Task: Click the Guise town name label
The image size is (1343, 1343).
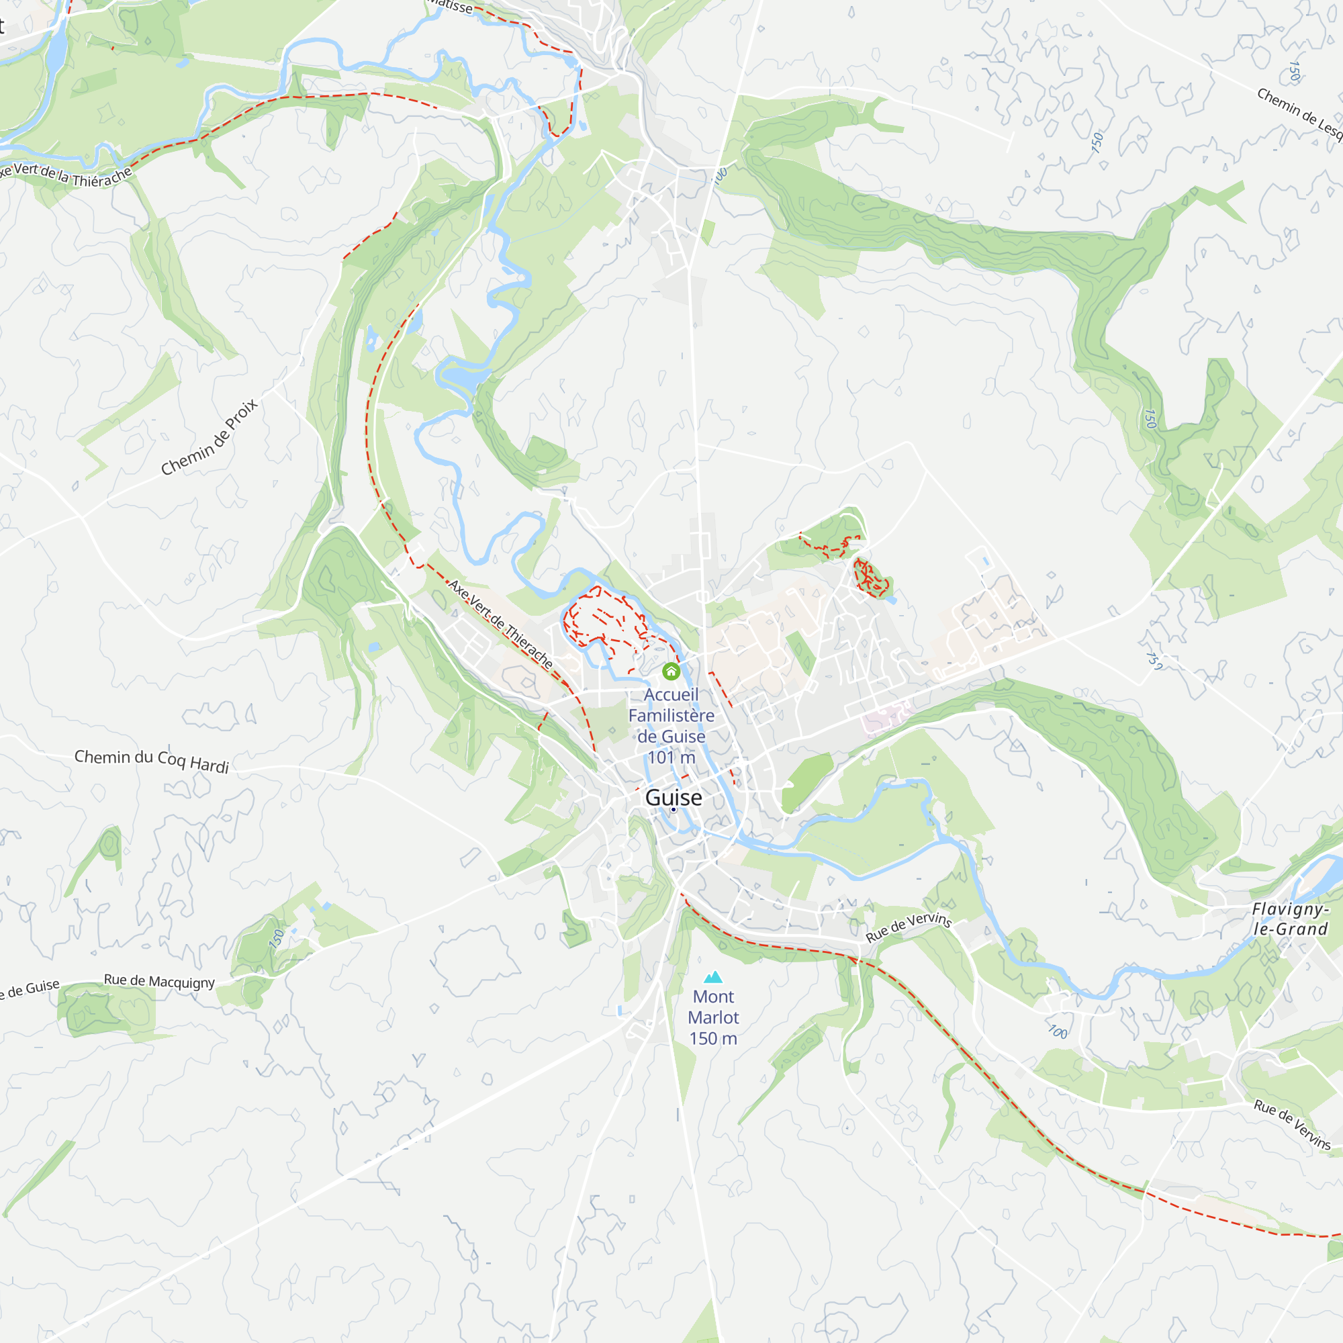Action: (673, 797)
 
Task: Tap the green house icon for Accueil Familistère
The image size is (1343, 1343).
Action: (671, 671)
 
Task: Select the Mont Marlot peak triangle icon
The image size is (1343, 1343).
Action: (713, 977)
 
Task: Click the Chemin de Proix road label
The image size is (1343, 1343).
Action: (210, 437)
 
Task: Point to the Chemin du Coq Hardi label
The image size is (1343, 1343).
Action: (152, 761)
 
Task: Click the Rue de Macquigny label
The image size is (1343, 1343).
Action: (159, 982)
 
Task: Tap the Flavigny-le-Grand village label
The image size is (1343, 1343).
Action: (1289, 919)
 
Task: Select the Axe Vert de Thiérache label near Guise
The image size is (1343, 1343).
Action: (500, 624)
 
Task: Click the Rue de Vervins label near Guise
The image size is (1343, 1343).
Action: (908, 927)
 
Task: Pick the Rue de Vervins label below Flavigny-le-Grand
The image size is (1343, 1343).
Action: (1291, 1125)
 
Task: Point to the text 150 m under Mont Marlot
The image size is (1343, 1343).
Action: (713, 1039)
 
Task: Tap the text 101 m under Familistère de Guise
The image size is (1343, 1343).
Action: (671, 757)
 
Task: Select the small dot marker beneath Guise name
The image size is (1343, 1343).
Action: (673, 810)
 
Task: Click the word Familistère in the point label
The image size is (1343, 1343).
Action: (671, 715)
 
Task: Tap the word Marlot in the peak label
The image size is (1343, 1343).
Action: (713, 1018)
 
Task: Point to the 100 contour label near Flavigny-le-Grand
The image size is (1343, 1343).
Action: (1058, 1032)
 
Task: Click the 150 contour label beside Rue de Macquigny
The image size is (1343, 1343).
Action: (277, 939)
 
